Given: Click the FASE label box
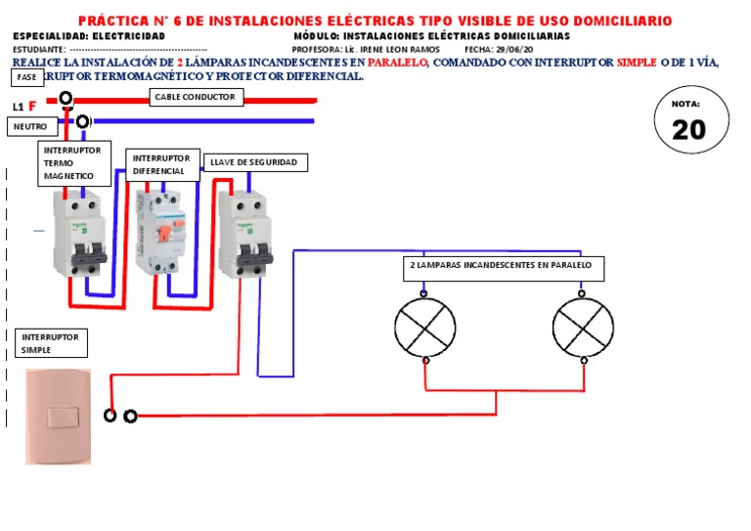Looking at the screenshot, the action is (x=27, y=77).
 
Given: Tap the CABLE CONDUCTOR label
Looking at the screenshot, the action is (x=196, y=97).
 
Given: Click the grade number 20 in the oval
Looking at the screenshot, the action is (x=689, y=130).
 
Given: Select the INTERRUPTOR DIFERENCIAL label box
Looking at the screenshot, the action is (x=159, y=164).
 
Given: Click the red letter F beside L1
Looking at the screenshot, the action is (x=32, y=107).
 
